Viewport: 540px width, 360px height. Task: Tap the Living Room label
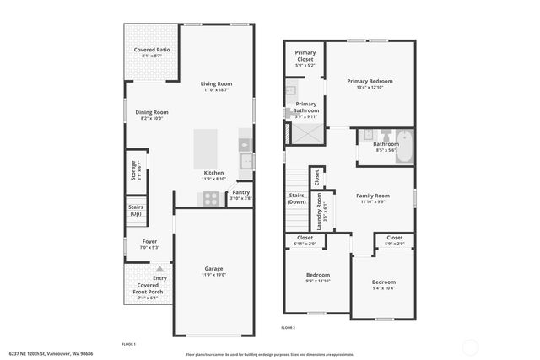216,83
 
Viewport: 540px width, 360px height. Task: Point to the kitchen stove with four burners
210,198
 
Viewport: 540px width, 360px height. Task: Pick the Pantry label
241,192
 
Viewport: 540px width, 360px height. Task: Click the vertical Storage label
133,173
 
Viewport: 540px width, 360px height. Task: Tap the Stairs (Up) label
136,210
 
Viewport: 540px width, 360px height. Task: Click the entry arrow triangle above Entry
158,269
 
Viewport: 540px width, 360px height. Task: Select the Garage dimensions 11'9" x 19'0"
213,276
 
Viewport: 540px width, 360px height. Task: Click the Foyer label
149,241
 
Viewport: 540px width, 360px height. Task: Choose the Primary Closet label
305,56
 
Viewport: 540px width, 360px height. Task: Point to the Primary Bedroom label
370,81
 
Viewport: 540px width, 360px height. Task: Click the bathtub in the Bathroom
406,144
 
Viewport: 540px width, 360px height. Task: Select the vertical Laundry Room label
319,209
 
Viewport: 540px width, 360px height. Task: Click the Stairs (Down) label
297,199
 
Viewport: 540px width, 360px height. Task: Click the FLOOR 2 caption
289,327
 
